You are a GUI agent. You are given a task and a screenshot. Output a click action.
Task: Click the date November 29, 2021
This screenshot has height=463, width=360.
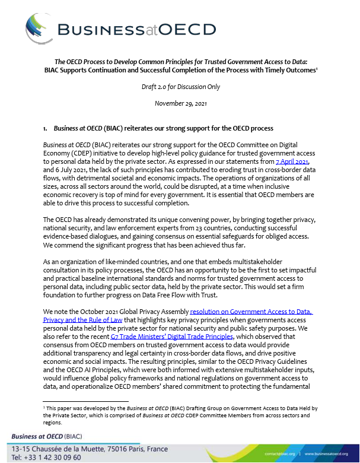[x=180, y=103]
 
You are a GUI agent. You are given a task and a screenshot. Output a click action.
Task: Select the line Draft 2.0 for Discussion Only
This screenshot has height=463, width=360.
[x=180, y=87]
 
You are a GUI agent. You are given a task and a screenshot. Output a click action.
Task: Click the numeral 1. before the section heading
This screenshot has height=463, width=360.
[x=46, y=127]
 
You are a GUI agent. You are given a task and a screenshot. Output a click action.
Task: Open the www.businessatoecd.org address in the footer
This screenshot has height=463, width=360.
[x=324, y=454]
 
